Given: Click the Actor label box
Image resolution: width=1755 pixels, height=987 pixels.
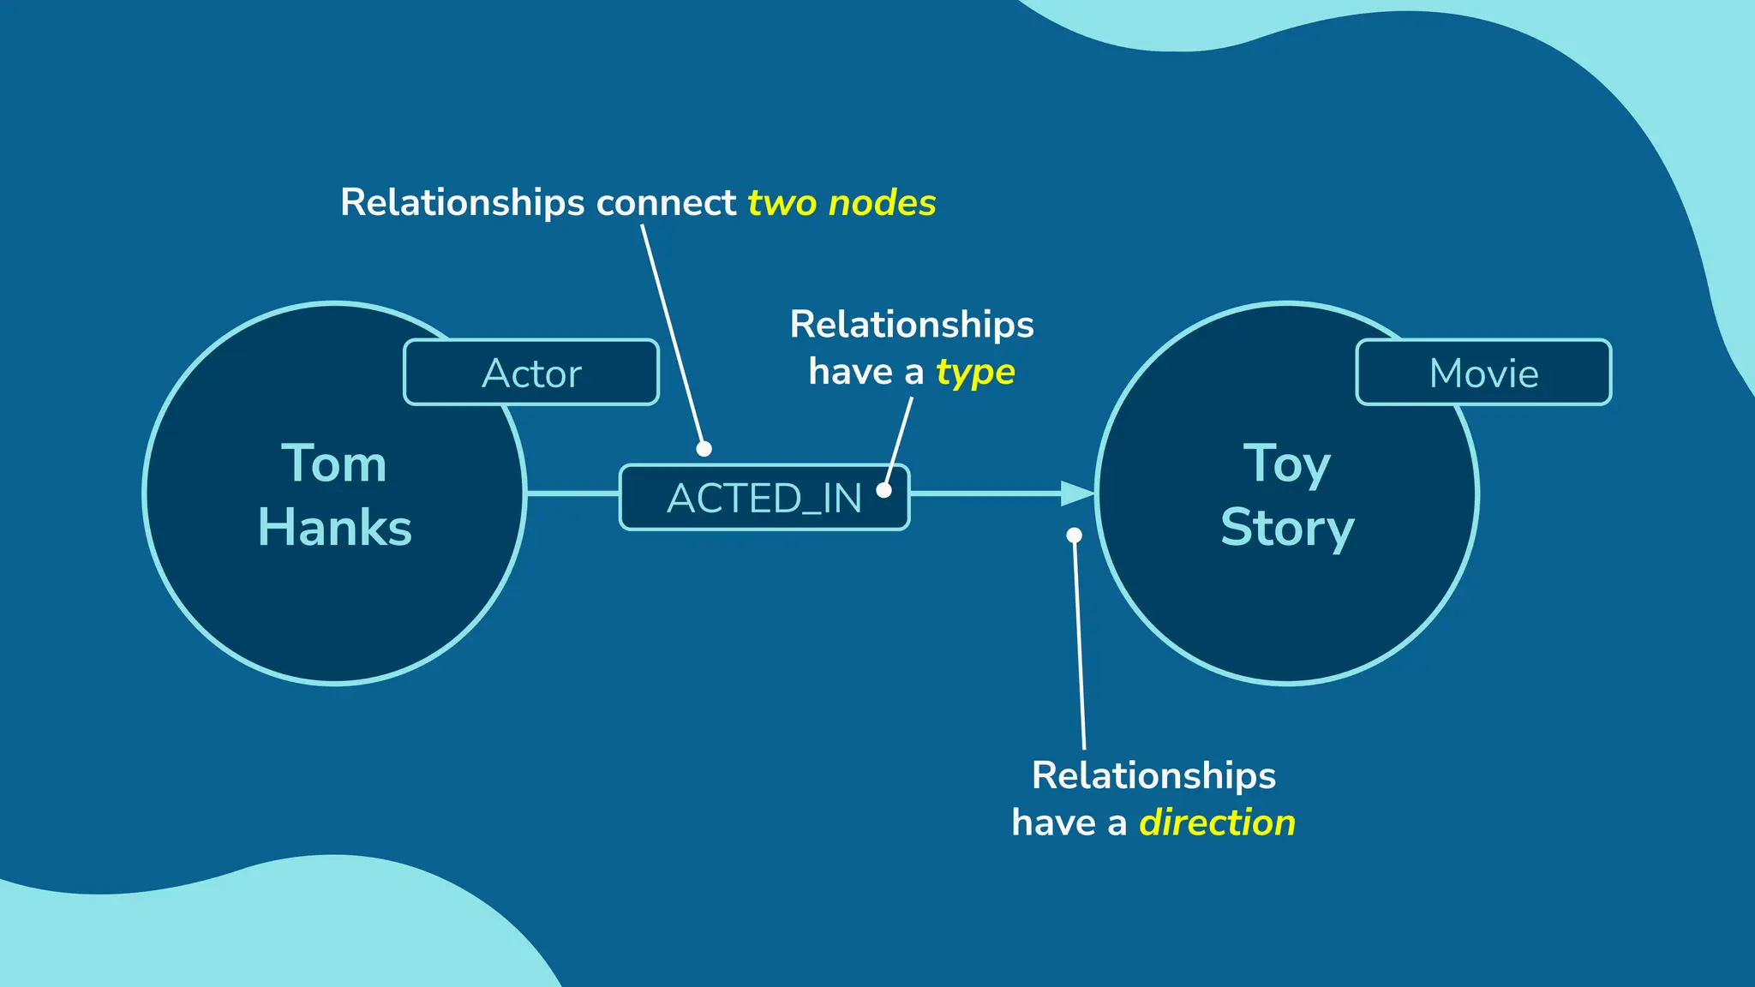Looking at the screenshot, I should (531, 373).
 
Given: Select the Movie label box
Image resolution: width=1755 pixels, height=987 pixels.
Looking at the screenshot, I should (1483, 373).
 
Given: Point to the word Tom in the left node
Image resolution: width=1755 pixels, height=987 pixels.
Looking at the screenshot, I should (334, 464).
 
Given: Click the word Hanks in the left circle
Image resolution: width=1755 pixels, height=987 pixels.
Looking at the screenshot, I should (334, 527).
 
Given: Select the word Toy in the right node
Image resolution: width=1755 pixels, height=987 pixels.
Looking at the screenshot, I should (1287, 464).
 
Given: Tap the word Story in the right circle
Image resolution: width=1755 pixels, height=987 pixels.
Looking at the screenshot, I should (1287, 527).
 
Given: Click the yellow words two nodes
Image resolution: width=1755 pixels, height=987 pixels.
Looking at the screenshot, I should (842, 203).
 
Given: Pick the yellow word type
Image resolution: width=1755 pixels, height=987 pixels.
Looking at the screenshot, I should (975, 372).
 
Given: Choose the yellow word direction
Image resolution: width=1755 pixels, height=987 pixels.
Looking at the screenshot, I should (1217, 822).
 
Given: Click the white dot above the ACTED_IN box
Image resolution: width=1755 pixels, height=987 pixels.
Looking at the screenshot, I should (704, 448).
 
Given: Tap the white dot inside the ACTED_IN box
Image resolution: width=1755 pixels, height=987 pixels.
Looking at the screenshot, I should (883, 490).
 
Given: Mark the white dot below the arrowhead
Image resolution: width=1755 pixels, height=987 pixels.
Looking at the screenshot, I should (1074, 535).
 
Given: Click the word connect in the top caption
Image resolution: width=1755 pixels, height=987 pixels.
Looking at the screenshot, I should (666, 203).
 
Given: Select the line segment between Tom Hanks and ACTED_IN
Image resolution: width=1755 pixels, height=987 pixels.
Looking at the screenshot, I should (572, 493).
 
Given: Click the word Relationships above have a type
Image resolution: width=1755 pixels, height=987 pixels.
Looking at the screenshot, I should (912, 325).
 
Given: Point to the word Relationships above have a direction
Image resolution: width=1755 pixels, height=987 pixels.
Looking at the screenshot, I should (1153, 775).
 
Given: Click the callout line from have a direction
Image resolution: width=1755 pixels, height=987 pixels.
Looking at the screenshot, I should (1080, 651).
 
